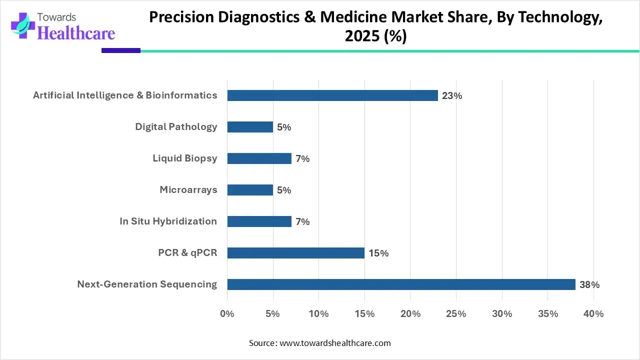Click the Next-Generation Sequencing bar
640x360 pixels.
[x=401, y=284]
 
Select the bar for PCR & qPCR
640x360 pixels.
[x=295, y=253]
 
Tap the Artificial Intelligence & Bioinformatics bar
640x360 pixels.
[x=332, y=95]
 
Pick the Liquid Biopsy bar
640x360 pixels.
[x=259, y=158]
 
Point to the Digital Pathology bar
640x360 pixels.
[x=250, y=127]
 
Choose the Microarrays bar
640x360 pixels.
[x=250, y=190]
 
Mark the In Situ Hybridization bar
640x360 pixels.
[x=259, y=221]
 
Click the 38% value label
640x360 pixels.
[x=589, y=285]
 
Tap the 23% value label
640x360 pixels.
[x=451, y=96]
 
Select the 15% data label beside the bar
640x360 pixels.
[x=378, y=253]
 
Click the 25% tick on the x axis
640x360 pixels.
[x=456, y=314]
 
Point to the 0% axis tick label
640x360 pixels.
[x=227, y=314]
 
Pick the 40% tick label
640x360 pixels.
[x=593, y=314]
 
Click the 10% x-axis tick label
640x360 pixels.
[x=318, y=314]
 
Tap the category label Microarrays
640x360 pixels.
[x=188, y=190]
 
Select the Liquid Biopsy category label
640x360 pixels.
[x=185, y=158]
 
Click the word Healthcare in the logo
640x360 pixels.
[x=76, y=33]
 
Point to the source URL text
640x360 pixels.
[x=334, y=343]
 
